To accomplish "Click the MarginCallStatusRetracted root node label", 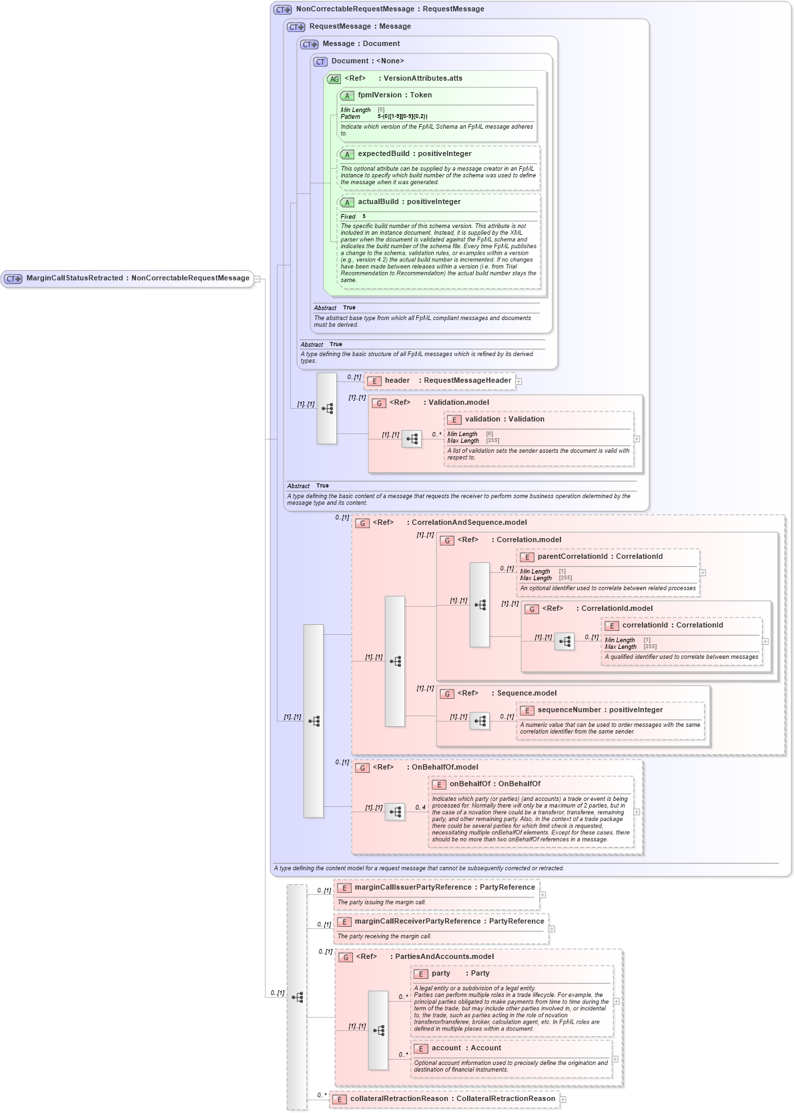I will point(137,278).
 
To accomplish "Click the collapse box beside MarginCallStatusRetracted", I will point(257,279).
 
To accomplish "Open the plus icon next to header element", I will point(518,381).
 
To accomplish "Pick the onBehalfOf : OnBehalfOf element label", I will point(494,784).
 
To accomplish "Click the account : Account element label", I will point(466,1048).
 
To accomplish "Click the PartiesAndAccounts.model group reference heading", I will point(444,957).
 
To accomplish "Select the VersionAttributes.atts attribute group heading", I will point(422,79).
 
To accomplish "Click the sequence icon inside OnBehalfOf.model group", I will point(395,812).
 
